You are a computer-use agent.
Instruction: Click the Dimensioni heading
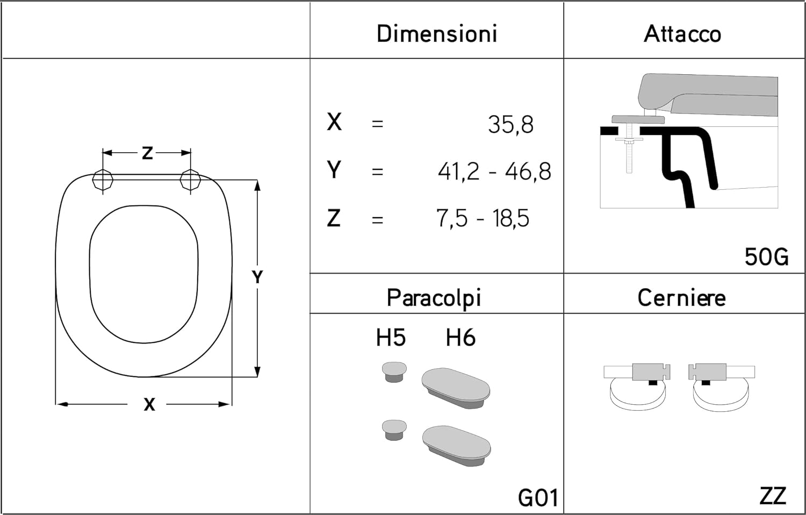pos(436,34)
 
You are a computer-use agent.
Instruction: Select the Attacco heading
pos(682,34)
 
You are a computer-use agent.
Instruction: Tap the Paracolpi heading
pos(434,298)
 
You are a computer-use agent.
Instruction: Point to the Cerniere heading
pos(681,298)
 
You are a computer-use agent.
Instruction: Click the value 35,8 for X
pos(510,125)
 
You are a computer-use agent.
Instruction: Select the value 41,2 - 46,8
pos(494,171)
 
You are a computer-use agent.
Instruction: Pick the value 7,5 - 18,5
pos(483,218)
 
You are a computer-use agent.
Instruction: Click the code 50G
pos(766,257)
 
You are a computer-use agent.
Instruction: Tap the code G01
pos(537,498)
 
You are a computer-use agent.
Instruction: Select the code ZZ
pos(773,496)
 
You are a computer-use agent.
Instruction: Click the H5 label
pos(391,338)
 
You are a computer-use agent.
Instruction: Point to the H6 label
pos(460,338)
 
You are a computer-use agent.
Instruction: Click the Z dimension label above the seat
pos(147,153)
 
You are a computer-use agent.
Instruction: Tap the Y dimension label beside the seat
pos(257,277)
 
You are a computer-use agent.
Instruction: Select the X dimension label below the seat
pos(149,404)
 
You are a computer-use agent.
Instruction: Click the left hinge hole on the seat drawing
pos(103,180)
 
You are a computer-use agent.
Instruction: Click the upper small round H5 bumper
pos(394,371)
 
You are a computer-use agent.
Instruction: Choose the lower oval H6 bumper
pos(456,446)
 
